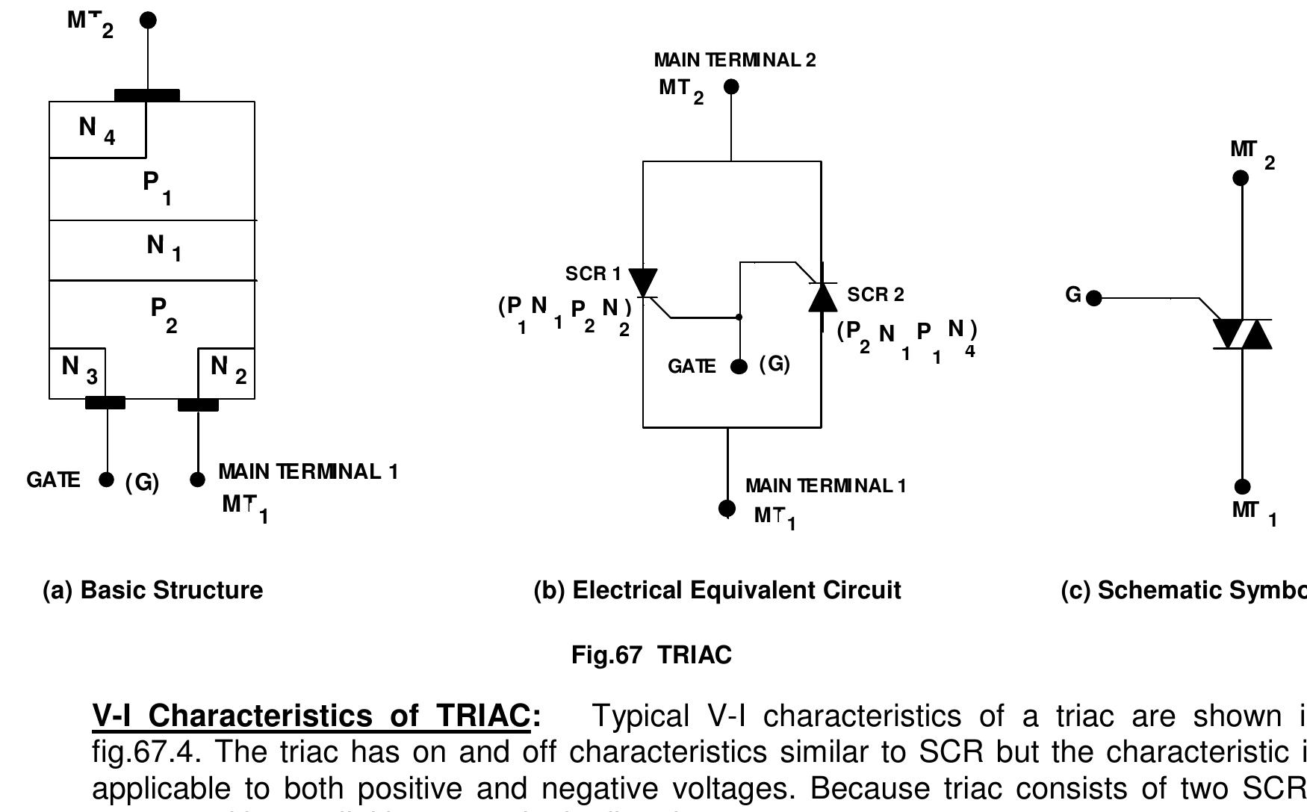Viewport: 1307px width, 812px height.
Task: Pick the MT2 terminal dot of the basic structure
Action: (x=149, y=20)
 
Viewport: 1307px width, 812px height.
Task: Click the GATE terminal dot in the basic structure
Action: (x=107, y=480)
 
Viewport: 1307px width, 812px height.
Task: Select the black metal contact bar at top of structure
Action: (x=147, y=96)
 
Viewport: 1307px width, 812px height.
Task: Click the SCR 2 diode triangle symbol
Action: (x=822, y=297)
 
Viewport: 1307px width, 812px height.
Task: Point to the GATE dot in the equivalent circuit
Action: (x=739, y=367)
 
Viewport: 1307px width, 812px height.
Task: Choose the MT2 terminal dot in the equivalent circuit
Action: (x=731, y=87)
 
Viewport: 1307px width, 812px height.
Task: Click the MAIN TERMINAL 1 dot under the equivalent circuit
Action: (x=727, y=508)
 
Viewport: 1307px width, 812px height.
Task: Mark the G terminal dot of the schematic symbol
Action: (x=1094, y=299)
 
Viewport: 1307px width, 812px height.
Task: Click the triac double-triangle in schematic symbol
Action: (x=1242, y=334)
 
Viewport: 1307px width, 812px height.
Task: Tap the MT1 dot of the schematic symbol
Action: (x=1242, y=487)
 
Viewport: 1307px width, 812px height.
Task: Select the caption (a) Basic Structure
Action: (x=153, y=590)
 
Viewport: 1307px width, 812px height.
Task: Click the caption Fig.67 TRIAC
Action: (x=651, y=655)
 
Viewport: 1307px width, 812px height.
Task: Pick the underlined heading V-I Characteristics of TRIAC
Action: (x=317, y=716)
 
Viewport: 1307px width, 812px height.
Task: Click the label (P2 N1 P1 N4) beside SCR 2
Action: (x=907, y=340)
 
